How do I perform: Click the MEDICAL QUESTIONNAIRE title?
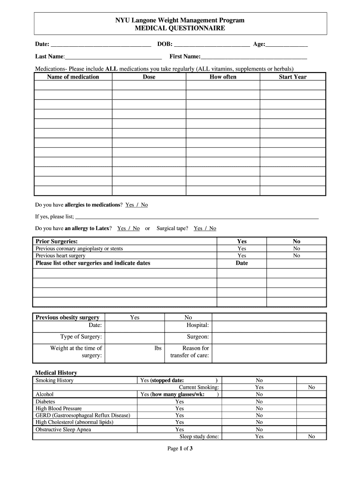pyautogui.click(x=180, y=29)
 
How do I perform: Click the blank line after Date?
pyautogui.click(x=101, y=45)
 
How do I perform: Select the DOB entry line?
pyautogui.click(x=211, y=45)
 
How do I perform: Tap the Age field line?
pyautogui.click(x=287, y=45)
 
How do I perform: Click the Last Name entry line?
pyautogui.click(x=113, y=58)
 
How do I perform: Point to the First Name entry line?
pyautogui.click(x=254, y=58)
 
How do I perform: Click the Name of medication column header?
pyautogui.click(x=73, y=77)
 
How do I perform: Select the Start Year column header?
pyautogui.click(x=293, y=77)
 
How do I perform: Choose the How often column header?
pyautogui.click(x=223, y=77)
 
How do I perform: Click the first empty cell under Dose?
pyautogui.click(x=149, y=85)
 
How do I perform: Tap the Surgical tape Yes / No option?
pyautogui.click(x=205, y=228)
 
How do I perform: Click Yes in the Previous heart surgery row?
pyautogui.click(x=242, y=256)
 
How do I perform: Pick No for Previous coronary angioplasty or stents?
pyautogui.click(x=296, y=249)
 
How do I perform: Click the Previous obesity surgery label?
pyautogui.click(x=67, y=318)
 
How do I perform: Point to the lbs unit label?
pyautogui.click(x=158, y=348)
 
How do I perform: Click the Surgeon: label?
pyautogui.click(x=198, y=337)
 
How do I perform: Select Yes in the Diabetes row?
pyautogui.click(x=180, y=401)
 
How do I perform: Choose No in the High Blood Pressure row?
pyautogui.click(x=259, y=408)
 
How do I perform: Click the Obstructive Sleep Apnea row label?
pyautogui.click(x=64, y=429)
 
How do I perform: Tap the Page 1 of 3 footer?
pyautogui.click(x=180, y=449)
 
